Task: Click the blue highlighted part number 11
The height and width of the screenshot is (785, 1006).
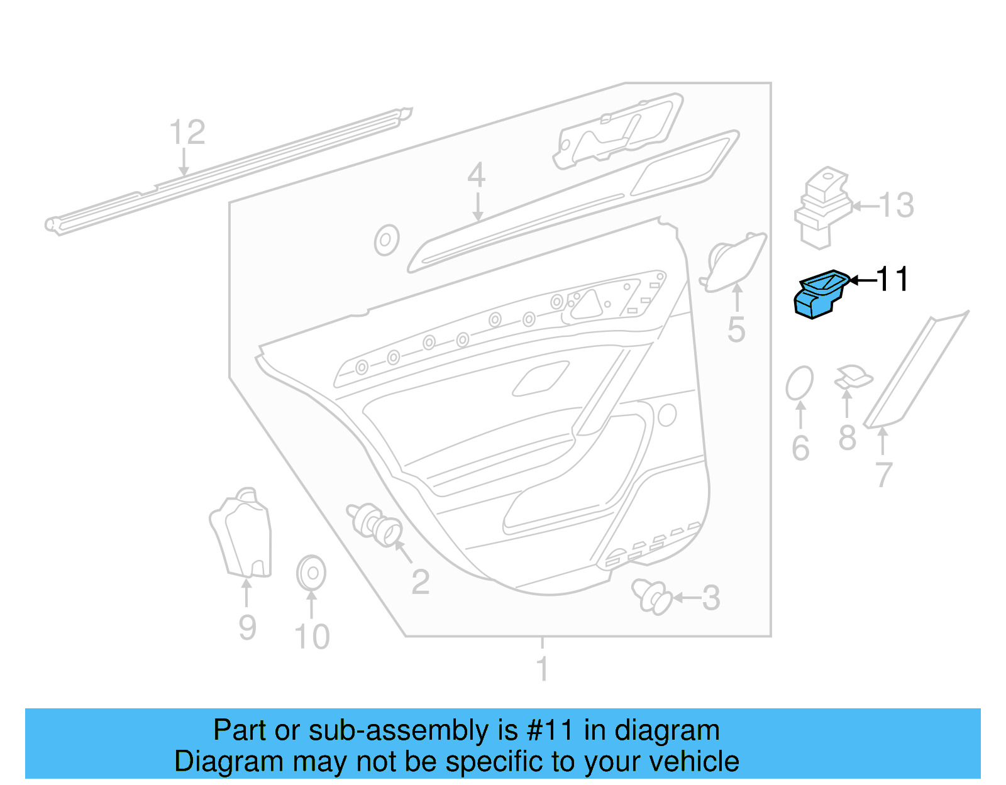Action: pyautogui.click(x=819, y=294)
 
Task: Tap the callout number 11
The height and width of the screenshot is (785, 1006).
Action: pyautogui.click(x=892, y=279)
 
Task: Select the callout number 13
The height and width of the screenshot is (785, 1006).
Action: pyautogui.click(x=896, y=205)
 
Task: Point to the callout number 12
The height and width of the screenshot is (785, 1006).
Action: pyautogui.click(x=187, y=133)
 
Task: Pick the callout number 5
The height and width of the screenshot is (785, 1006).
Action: pyautogui.click(x=736, y=330)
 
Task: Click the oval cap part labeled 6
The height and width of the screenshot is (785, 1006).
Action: pyautogui.click(x=799, y=383)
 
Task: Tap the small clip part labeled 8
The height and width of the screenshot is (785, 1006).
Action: pyautogui.click(x=853, y=378)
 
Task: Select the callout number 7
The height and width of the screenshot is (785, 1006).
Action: pyautogui.click(x=883, y=475)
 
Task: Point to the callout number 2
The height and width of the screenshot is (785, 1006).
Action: pyautogui.click(x=420, y=582)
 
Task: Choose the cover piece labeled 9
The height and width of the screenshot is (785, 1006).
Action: pyautogui.click(x=243, y=534)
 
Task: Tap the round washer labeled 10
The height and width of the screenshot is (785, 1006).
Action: pyautogui.click(x=311, y=573)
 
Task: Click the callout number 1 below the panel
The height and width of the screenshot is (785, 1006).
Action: pyautogui.click(x=543, y=669)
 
